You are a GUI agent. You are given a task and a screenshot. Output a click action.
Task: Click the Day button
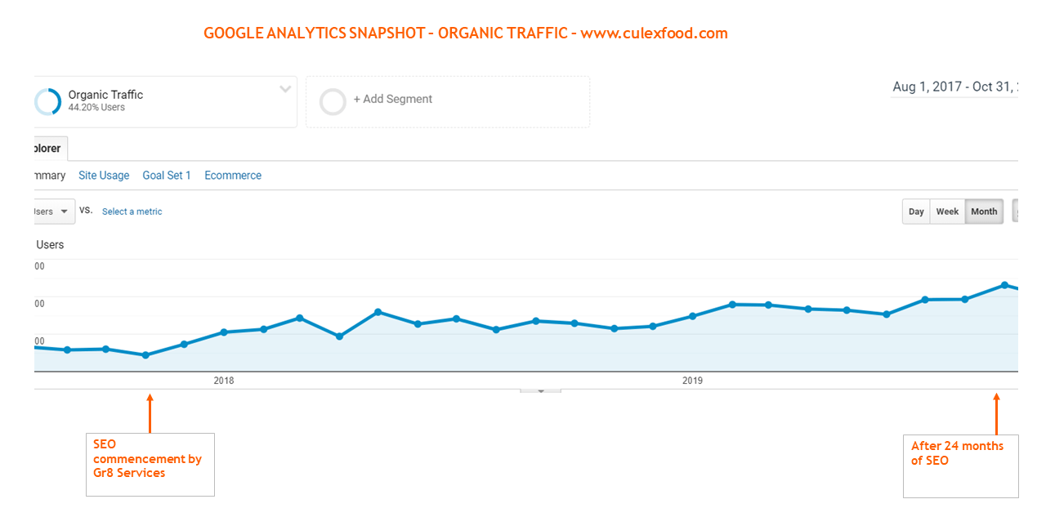pyautogui.click(x=916, y=212)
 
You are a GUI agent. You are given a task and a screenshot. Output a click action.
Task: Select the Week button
pyautogui.click(x=947, y=212)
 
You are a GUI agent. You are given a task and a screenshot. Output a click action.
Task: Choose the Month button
pyautogui.click(x=984, y=212)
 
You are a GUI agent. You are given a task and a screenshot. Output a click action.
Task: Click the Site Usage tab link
pyautogui.click(x=104, y=176)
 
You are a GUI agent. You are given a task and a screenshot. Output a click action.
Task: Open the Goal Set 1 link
pyautogui.click(x=167, y=176)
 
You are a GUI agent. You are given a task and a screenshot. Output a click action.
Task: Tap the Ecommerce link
pyautogui.click(x=233, y=176)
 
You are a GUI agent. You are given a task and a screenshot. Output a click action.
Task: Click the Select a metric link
pyautogui.click(x=132, y=212)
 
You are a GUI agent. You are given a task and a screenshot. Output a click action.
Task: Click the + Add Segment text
pyautogui.click(x=392, y=100)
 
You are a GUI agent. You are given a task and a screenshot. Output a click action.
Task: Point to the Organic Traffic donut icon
pyautogui.click(x=47, y=102)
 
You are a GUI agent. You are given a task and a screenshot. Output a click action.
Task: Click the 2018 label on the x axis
pyautogui.click(x=224, y=381)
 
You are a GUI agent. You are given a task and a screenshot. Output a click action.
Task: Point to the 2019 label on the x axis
pyautogui.click(x=692, y=381)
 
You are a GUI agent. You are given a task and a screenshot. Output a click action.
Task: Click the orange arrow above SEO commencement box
pyautogui.click(x=150, y=414)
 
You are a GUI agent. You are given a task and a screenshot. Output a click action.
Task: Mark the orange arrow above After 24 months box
pyautogui.click(x=996, y=414)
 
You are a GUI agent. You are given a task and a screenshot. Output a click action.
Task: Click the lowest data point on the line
pyautogui.click(x=145, y=355)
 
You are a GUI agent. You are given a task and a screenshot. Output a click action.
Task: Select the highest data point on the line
pyautogui.click(x=1004, y=285)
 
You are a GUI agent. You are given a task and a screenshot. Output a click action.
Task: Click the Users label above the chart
pyautogui.click(x=50, y=245)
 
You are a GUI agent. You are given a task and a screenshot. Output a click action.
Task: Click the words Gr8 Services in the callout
pyautogui.click(x=129, y=473)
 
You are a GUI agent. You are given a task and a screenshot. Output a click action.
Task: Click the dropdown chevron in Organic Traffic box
pyautogui.click(x=285, y=89)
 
